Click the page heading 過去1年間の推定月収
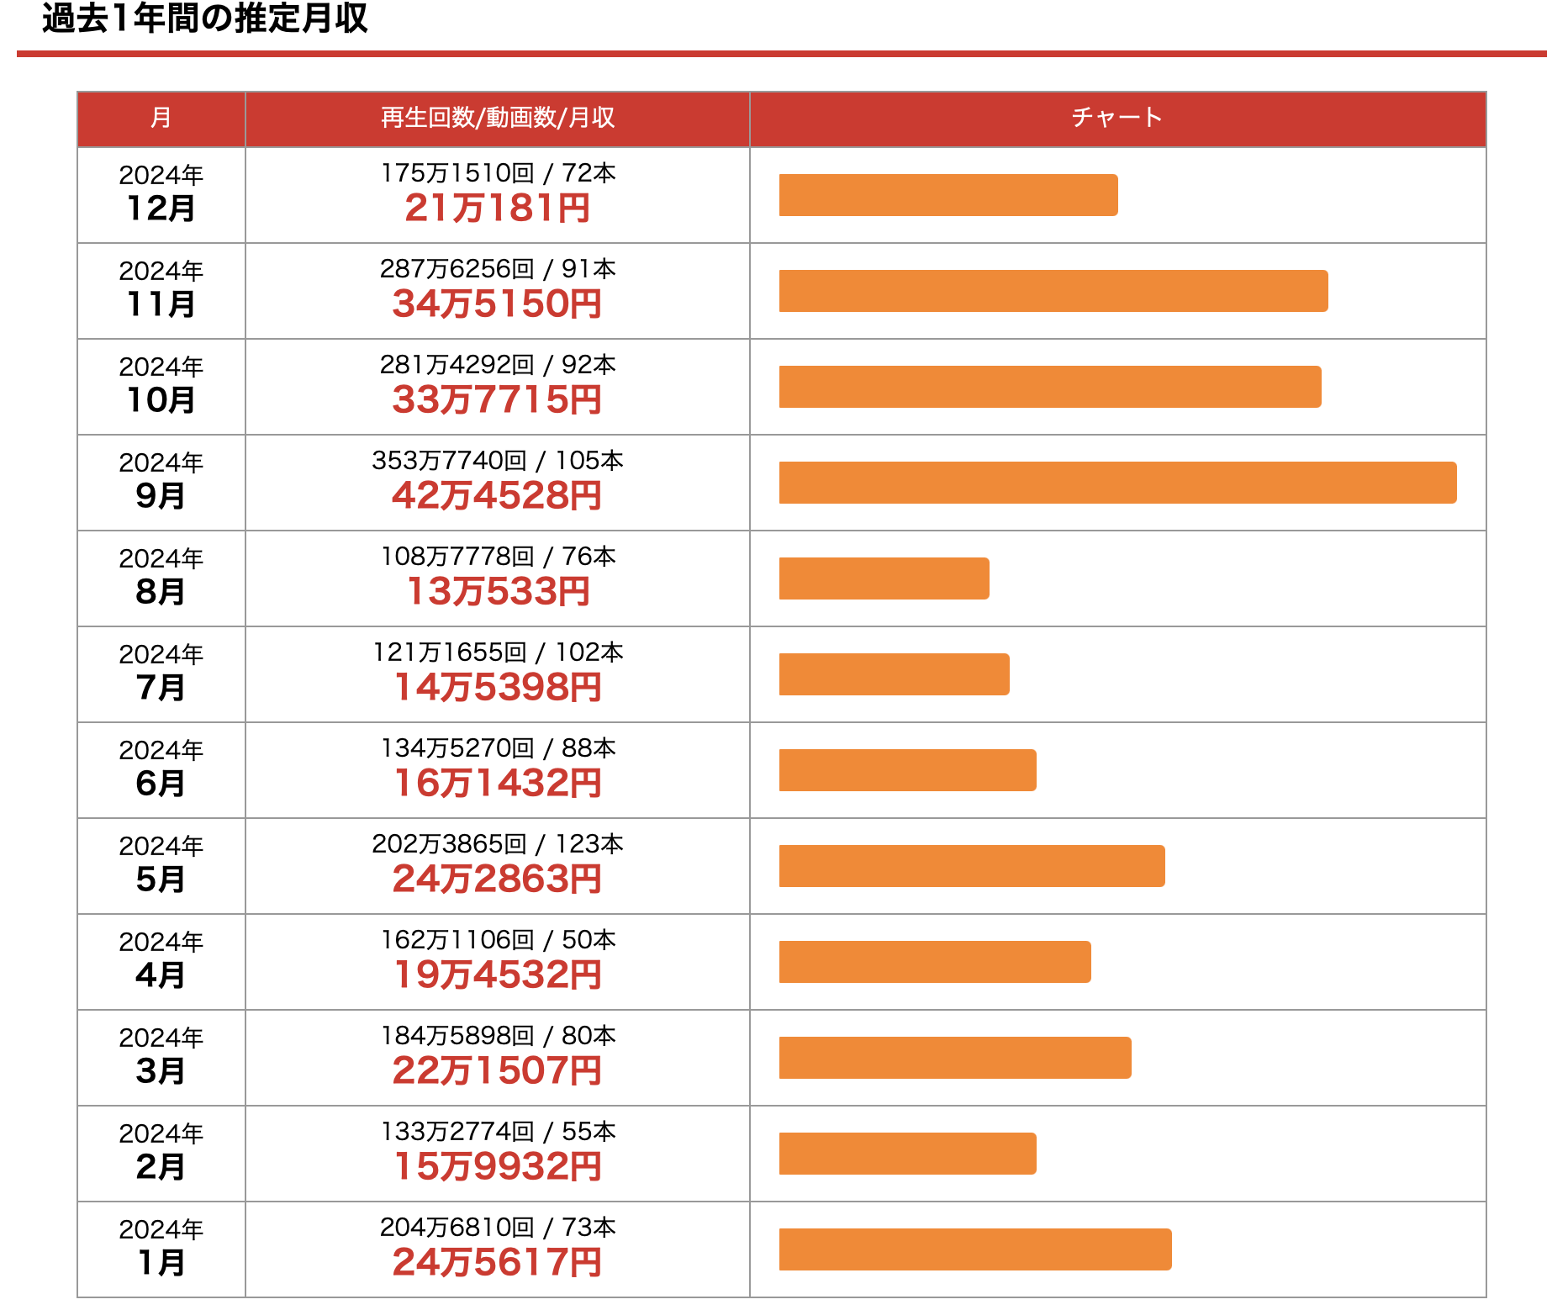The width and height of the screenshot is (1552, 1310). point(204,18)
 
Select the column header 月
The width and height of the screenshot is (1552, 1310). point(161,118)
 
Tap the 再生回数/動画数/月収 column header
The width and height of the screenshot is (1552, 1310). point(497,118)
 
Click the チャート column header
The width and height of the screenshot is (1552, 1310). point(1116,118)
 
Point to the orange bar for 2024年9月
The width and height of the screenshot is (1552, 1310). point(1117,483)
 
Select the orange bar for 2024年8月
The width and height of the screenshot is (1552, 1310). point(884,578)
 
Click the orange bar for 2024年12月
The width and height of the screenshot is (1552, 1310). point(948,195)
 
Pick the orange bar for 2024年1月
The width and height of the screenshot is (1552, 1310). point(974,1249)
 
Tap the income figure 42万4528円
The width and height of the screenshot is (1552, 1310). point(497,496)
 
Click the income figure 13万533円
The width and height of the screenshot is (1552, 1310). point(497,592)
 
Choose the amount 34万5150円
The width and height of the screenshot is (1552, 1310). point(497,304)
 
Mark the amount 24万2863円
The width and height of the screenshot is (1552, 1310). point(497,879)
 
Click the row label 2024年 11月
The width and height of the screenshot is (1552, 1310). point(161,290)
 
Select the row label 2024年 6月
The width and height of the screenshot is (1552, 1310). point(161,769)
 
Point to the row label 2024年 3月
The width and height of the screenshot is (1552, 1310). point(161,1057)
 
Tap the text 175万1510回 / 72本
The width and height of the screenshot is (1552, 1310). point(498,173)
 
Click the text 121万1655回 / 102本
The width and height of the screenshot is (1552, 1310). point(498,652)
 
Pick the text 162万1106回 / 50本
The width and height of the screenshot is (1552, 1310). point(498,940)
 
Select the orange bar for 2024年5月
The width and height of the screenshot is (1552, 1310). point(971,866)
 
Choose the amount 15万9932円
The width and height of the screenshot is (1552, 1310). point(497,1167)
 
